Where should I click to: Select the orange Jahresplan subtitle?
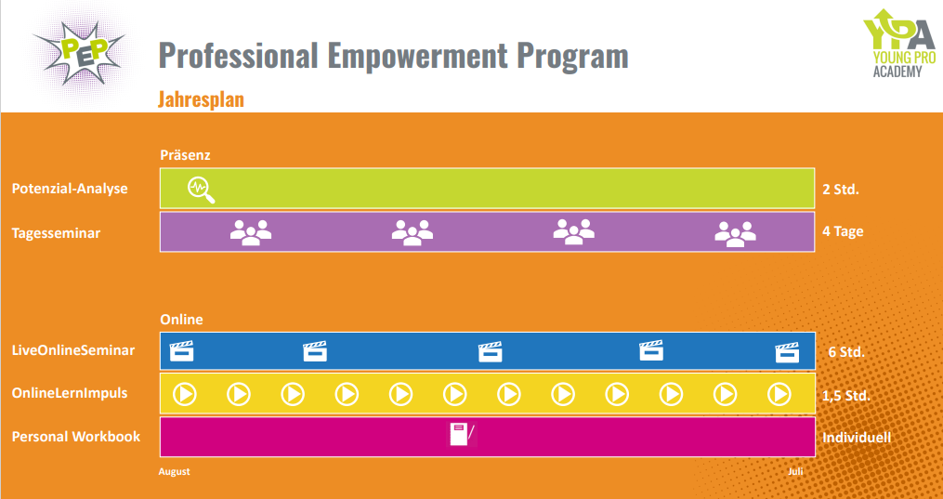pos(201,99)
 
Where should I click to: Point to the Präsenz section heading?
pos(185,155)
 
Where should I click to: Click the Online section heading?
pos(181,320)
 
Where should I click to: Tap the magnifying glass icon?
pos(201,190)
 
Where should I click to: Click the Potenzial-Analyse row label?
pos(70,189)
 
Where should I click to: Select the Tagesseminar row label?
pos(56,233)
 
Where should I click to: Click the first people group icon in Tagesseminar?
pos(251,232)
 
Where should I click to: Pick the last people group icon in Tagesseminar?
pos(735,234)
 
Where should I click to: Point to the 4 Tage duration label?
pos(843,231)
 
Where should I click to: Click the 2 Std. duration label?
pos(841,190)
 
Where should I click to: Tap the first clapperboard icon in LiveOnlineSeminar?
pos(181,351)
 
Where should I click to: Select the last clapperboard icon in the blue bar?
pos(787,352)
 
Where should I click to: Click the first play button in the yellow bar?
pos(185,394)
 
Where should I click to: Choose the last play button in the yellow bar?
pos(779,394)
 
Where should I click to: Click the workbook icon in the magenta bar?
pos(462,434)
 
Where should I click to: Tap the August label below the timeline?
pos(175,472)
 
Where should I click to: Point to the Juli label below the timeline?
pos(795,472)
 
